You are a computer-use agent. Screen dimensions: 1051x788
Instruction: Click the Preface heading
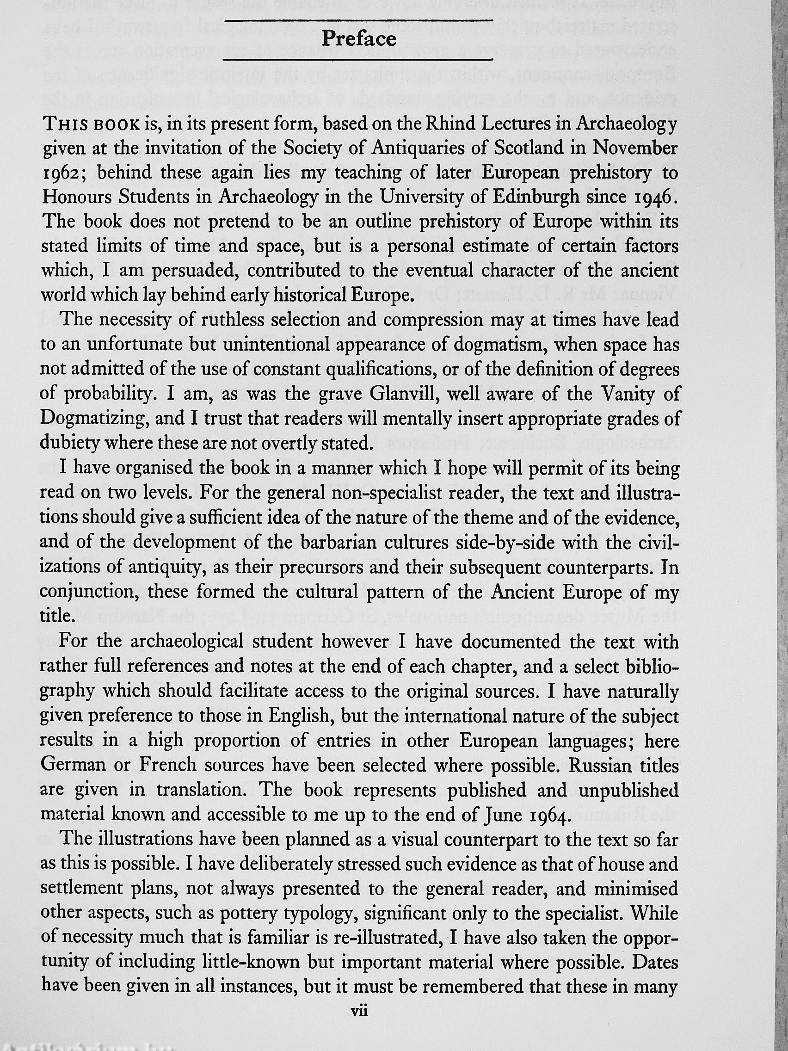(358, 38)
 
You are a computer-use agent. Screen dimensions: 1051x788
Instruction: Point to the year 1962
(66, 173)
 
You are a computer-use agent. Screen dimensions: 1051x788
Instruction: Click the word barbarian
(325, 542)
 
